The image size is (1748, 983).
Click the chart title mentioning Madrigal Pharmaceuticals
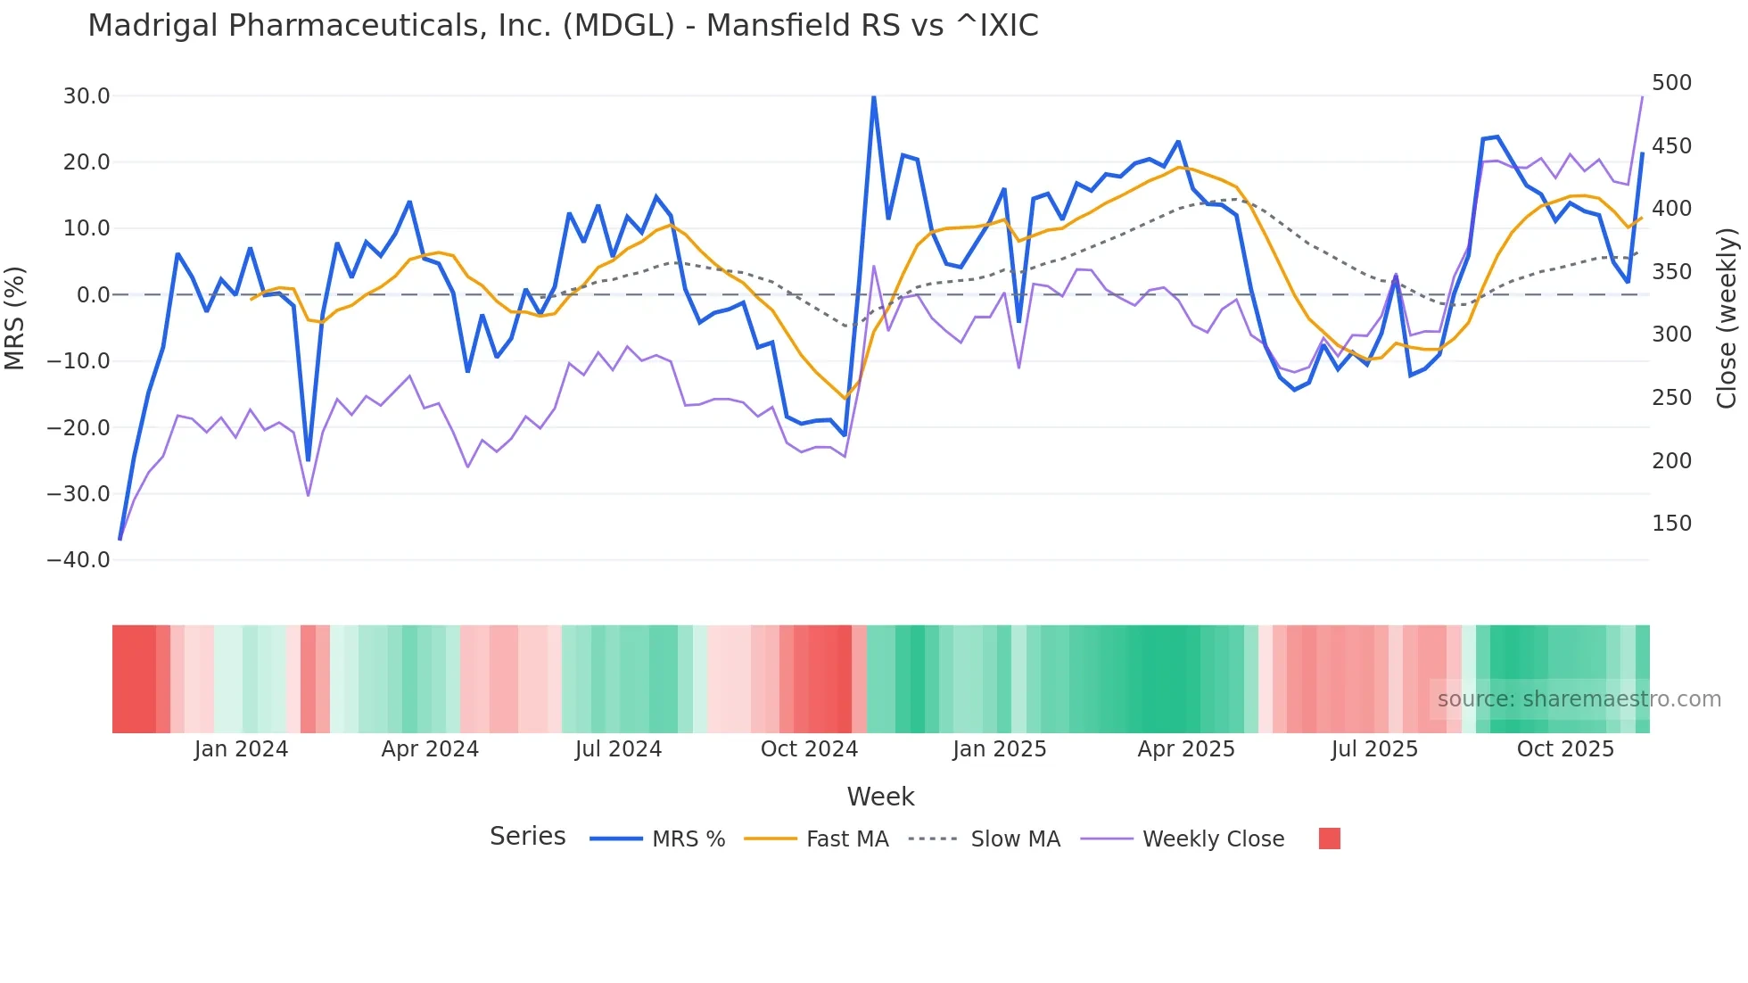click(x=563, y=26)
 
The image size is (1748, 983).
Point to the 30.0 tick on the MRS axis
click(x=87, y=96)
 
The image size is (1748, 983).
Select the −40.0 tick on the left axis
click(x=78, y=560)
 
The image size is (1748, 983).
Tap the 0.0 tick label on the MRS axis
click(x=93, y=295)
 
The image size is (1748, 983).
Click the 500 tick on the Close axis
click(x=1671, y=83)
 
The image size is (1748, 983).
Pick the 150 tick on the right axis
click(x=1671, y=524)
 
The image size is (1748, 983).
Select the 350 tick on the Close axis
click(x=1671, y=272)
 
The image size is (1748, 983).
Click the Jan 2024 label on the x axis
click(x=241, y=749)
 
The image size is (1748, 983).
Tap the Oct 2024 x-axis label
click(x=809, y=749)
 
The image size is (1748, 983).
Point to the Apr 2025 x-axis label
click(x=1186, y=749)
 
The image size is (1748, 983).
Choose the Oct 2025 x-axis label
click(x=1565, y=749)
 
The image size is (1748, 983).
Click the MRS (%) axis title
click(x=15, y=318)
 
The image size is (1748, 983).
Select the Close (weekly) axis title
click(x=1727, y=318)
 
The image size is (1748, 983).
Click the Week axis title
click(x=880, y=797)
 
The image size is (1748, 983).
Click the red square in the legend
click(x=1329, y=838)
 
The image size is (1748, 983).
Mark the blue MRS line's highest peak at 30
click(x=874, y=96)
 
